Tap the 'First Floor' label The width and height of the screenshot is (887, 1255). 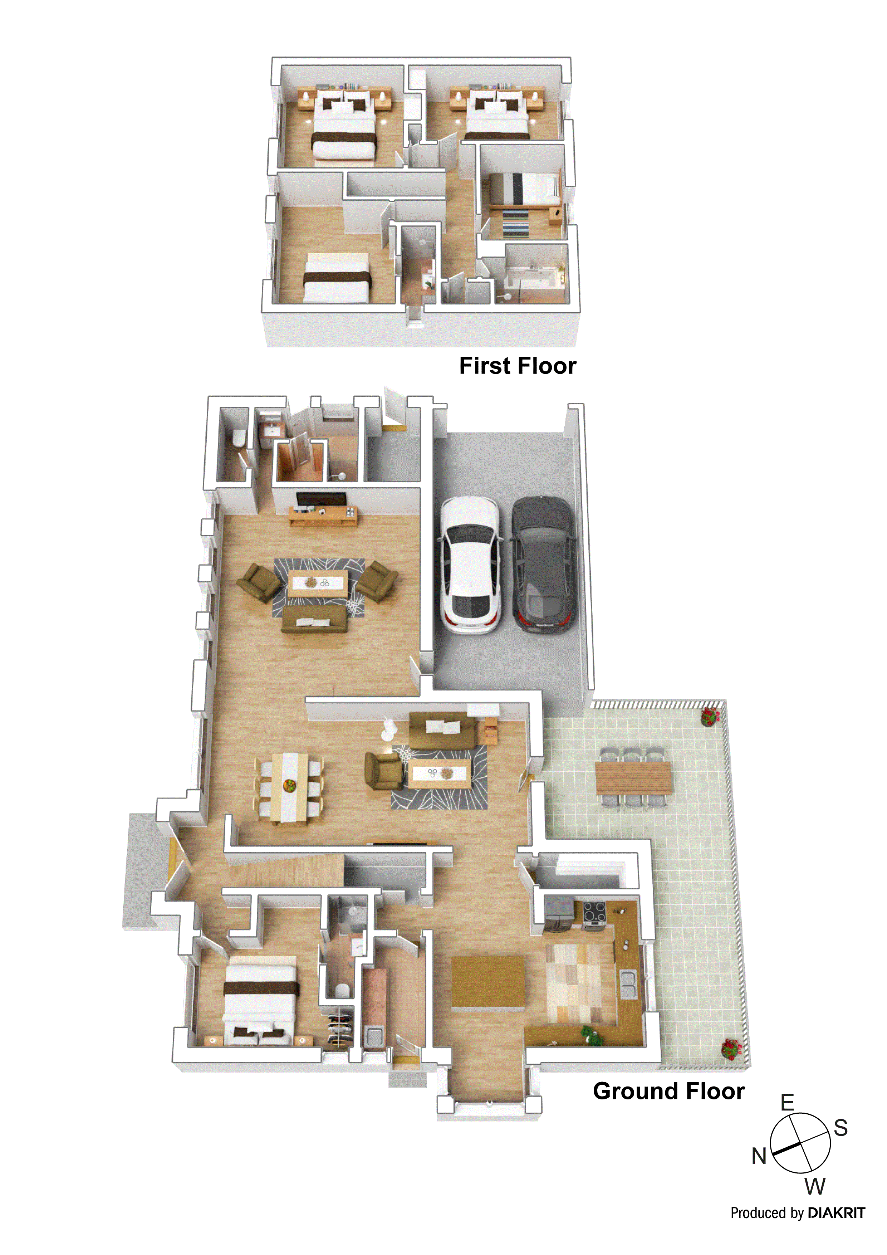coord(517,366)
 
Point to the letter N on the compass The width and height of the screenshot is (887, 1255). coord(759,1156)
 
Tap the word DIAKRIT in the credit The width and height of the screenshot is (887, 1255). coord(836,1212)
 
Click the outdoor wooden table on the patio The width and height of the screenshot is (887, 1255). coord(633,778)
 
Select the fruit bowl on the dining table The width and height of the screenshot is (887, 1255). coord(289,786)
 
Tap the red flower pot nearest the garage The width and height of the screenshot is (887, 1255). coord(710,716)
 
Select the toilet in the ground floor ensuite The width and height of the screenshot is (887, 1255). coord(343,990)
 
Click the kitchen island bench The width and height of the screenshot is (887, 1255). coord(487,982)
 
